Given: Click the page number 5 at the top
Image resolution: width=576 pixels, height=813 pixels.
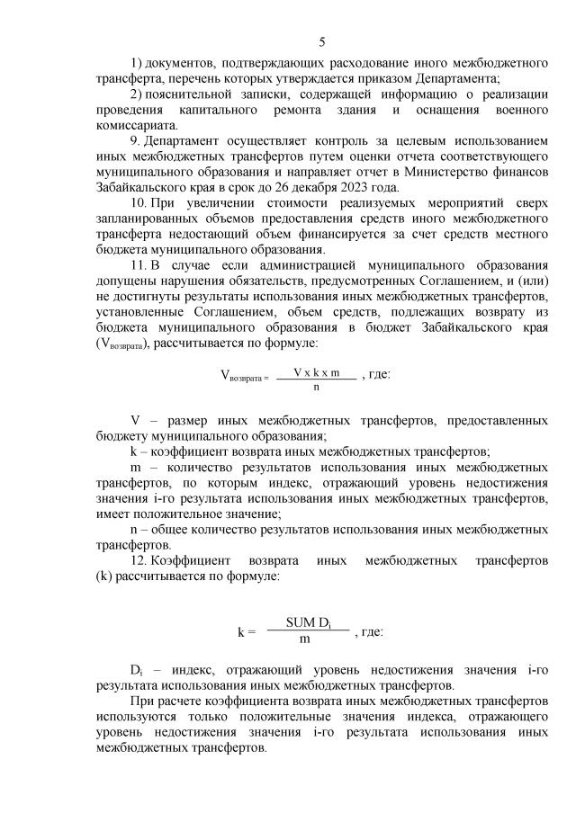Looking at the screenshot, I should tap(321, 41).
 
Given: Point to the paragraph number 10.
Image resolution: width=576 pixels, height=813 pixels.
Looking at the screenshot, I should tap(139, 203).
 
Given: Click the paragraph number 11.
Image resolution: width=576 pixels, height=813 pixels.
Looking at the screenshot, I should tap(139, 265).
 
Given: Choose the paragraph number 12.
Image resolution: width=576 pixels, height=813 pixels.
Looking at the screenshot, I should tap(139, 560).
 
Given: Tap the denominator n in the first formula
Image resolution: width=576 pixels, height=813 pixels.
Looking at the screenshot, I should tap(316, 388).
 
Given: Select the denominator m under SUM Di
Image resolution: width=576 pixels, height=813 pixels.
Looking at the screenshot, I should tap(305, 639).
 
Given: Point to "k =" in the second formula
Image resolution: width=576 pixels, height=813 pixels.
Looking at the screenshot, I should tap(247, 631).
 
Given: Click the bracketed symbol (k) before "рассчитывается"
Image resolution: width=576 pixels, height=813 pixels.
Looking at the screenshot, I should tap(102, 576).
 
